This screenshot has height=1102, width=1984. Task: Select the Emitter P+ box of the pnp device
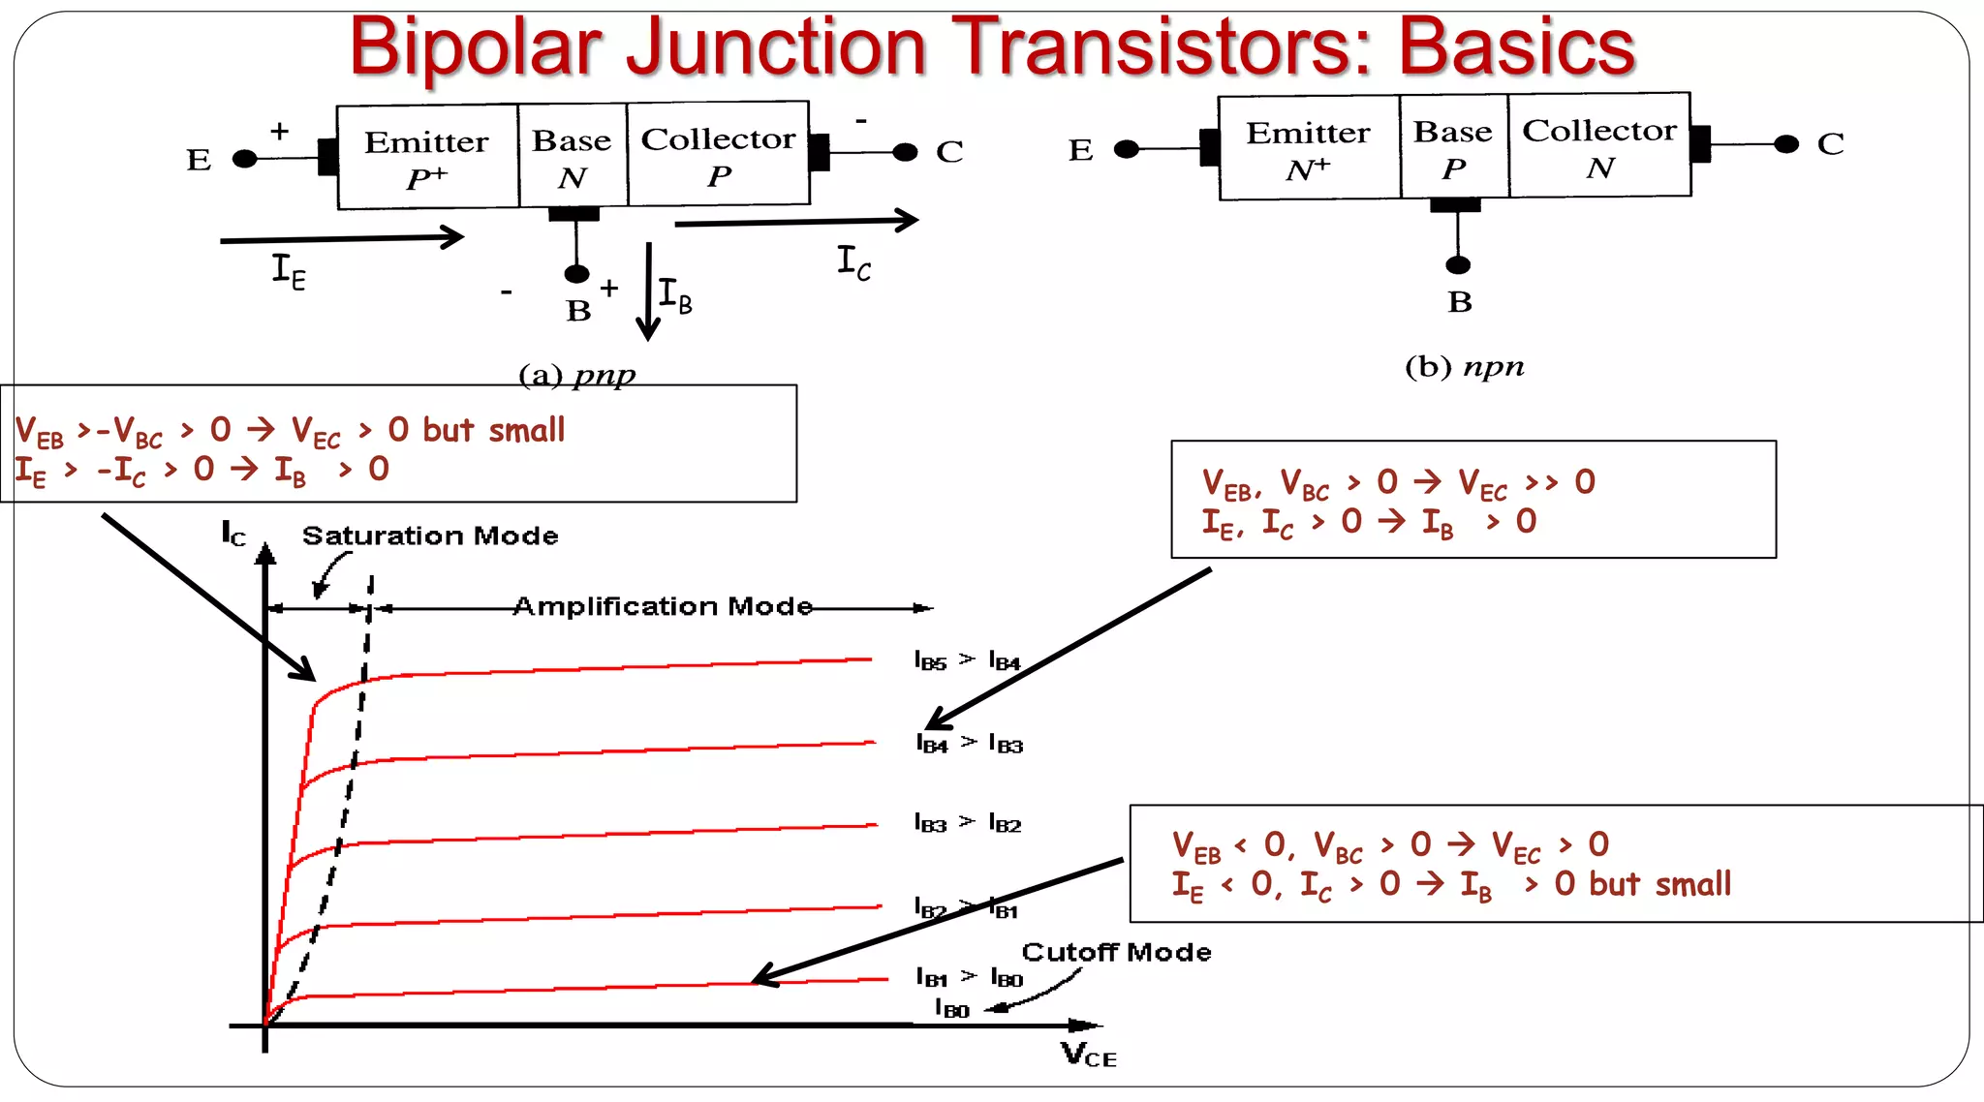click(427, 158)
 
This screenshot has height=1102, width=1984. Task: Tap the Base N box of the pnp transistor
click(573, 157)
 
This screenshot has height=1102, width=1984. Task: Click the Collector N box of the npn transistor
click(1599, 146)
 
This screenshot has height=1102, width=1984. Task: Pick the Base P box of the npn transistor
click(1453, 147)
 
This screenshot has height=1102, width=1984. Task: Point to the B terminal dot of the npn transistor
click(1458, 265)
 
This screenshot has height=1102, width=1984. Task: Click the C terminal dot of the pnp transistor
click(905, 152)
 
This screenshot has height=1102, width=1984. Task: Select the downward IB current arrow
click(648, 291)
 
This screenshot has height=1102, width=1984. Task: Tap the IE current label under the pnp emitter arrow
click(288, 271)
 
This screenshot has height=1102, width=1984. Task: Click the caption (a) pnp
click(577, 375)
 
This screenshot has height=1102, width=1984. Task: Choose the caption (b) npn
click(1464, 367)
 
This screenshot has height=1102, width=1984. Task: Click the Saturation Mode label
click(430, 536)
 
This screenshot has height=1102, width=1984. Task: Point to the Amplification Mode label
click(663, 606)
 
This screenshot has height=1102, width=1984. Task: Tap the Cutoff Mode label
click(1116, 952)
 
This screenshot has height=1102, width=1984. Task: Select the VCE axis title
click(1088, 1055)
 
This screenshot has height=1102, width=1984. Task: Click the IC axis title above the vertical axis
click(233, 534)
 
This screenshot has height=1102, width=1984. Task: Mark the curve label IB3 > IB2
click(967, 823)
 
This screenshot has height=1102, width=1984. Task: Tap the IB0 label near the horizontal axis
click(951, 1009)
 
